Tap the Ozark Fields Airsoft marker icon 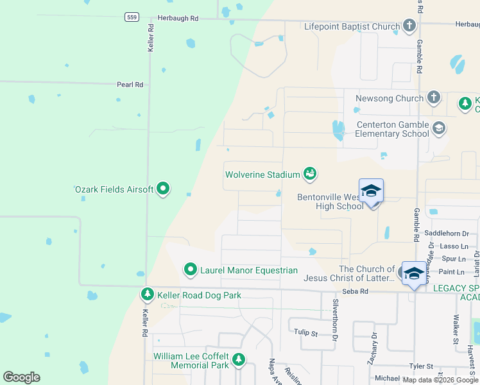pos(163,189)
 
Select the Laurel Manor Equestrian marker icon pos(190,270)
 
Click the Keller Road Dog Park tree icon pos(148,295)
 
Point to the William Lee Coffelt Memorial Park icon pos(239,360)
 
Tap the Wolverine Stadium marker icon pos(310,174)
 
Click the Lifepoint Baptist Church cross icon pos(409,26)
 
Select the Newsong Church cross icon pos(434,98)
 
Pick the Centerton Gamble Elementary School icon pos(439,128)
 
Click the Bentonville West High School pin pos(371,192)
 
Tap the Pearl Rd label pos(130,84)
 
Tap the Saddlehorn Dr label pos(447,234)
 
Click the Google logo pos(21,377)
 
